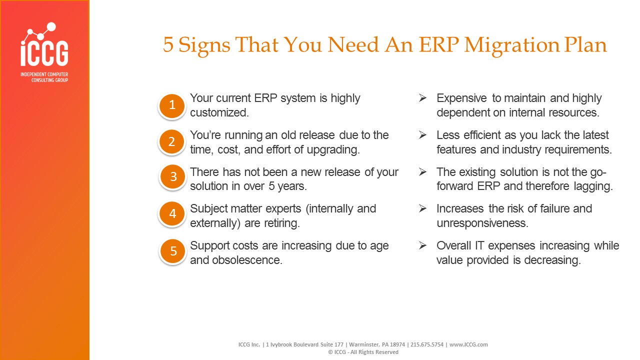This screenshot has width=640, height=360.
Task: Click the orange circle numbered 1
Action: click(171, 105)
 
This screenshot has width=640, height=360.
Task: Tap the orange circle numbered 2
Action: click(171, 142)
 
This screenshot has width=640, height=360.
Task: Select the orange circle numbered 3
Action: click(172, 177)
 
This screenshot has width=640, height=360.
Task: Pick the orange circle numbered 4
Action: click(172, 213)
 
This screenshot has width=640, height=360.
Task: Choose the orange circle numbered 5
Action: click(173, 251)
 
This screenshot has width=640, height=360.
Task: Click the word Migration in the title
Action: click(511, 45)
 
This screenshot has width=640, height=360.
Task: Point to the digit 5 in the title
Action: click(168, 44)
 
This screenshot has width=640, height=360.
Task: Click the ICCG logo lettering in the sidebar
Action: click(44, 53)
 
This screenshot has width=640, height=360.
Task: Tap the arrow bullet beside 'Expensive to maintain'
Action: click(422, 98)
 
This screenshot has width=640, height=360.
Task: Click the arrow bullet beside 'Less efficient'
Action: click(422, 135)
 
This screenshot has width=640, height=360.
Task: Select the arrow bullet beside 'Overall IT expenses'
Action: click(422, 245)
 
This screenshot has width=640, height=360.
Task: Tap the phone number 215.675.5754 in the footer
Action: click(427, 344)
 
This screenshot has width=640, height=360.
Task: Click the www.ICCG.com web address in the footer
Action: click(468, 344)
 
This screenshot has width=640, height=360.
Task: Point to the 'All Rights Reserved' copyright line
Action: click(363, 352)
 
